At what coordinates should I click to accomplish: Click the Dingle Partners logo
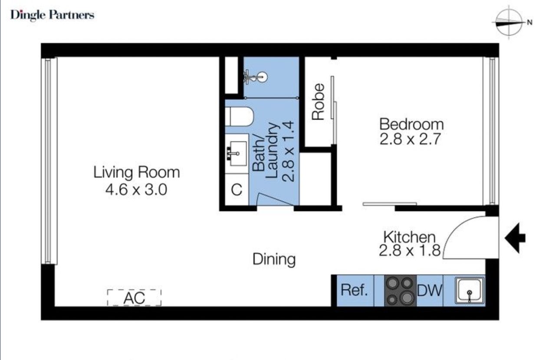click(52, 15)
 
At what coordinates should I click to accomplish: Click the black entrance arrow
click(515, 238)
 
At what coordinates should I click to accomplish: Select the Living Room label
click(136, 173)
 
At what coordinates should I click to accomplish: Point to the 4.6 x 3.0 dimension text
click(136, 189)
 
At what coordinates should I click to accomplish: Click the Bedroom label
click(411, 124)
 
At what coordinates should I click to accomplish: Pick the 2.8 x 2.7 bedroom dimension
click(410, 139)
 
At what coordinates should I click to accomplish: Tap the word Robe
click(318, 102)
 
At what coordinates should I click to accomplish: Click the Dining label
click(274, 260)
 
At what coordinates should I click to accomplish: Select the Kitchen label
click(410, 237)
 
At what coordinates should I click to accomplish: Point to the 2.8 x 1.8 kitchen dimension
click(410, 250)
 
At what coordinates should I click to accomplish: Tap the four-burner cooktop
click(400, 291)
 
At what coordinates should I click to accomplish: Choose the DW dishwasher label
click(430, 291)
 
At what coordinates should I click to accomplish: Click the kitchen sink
click(469, 291)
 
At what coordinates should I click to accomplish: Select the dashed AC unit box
click(134, 297)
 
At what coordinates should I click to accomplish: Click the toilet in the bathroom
click(240, 117)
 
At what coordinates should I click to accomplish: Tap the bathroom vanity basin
click(237, 154)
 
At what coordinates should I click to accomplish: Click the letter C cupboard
click(237, 190)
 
